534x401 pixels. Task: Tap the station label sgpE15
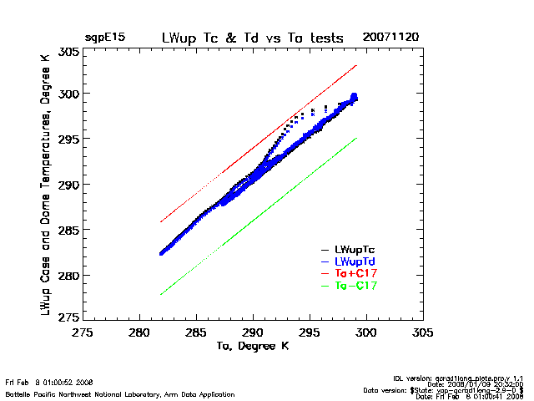(x=104, y=38)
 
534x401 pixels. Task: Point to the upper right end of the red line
(x=356, y=65)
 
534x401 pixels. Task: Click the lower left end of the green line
(x=160, y=295)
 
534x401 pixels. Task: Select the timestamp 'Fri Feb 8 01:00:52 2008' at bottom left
(x=48, y=383)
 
